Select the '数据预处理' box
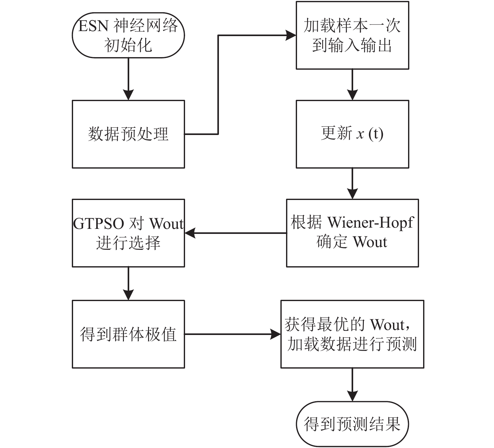(x=128, y=134)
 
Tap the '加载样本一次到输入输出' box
(x=352, y=35)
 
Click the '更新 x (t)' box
(x=352, y=134)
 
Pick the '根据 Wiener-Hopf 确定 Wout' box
(x=352, y=233)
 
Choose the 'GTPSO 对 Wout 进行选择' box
(x=128, y=233)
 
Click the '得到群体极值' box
(x=128, y=334)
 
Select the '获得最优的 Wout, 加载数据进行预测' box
(x=352, y=334)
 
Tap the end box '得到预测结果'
(x=352, y=424)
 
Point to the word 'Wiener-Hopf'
(x=370, y=223)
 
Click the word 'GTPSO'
(x=99, y=224)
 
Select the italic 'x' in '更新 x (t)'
(x=360, y=134)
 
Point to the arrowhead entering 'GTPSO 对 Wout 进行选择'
(x=190, y=233)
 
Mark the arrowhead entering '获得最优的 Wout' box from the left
(x=275, y=334)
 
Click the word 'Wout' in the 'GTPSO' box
(x=166, y=224)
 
